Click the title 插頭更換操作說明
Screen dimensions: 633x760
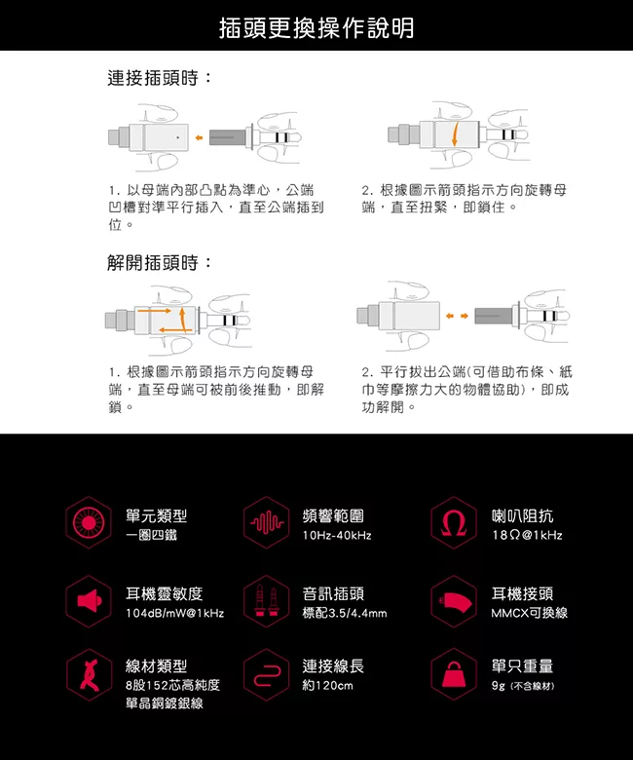tap(316, 28)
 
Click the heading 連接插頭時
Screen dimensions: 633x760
tap(160, 78)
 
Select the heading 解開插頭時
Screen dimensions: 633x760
tap(160, 263)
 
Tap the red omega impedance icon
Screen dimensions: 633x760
tap(454, 523)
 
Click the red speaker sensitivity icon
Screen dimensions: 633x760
tap(90, 601)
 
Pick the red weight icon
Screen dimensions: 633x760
tap(454, 674)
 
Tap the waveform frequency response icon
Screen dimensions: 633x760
tap(267, 523)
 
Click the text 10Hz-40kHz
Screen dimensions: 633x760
tap(337, 536)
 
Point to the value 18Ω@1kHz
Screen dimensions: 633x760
tap(527, 536)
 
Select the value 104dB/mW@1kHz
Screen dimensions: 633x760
tap(175, 613)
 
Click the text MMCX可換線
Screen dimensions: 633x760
tap(530, 613)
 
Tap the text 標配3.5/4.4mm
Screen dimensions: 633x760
tap(345, 613)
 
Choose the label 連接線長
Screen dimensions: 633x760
tap(333, 665)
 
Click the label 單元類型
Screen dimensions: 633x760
tap(157, 515)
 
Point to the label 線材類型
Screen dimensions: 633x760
tap(157, 665)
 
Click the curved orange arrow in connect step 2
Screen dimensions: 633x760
tap(455, 134)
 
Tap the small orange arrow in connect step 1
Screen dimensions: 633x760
tap(199, 137)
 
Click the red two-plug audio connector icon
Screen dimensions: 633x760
tap(267, 601)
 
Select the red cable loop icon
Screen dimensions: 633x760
tap(267, 674)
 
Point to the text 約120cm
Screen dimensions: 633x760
tap(327, 686)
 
